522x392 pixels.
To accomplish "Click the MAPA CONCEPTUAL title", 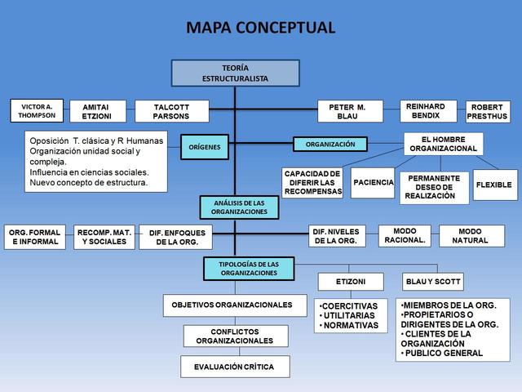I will [x=260, y=27].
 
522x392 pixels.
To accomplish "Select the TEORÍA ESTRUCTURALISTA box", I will [x=235, y=73].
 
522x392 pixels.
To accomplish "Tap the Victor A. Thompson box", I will [x=37, y=110].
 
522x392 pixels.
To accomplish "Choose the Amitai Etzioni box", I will [x=96, y=112].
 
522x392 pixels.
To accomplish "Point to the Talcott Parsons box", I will [x=170, y=112].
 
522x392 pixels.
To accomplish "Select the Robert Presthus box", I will [x=487, y=112].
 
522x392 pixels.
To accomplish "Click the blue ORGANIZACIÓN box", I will [x=330, y=145].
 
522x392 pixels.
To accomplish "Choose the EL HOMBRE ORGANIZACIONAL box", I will [x=443, y=144].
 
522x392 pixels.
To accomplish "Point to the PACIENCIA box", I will [x=373, y=182].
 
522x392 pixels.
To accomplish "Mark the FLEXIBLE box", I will [x=493, y=185].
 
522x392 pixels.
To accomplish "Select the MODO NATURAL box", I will [x=471, y=236].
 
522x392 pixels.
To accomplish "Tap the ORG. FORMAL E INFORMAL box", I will [x=35, y=237].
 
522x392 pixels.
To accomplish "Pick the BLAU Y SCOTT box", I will [x=433, y=282].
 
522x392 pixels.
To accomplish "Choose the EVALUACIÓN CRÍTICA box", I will [x=235, y=367].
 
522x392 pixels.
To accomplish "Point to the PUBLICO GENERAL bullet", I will [x=445, y=354].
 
